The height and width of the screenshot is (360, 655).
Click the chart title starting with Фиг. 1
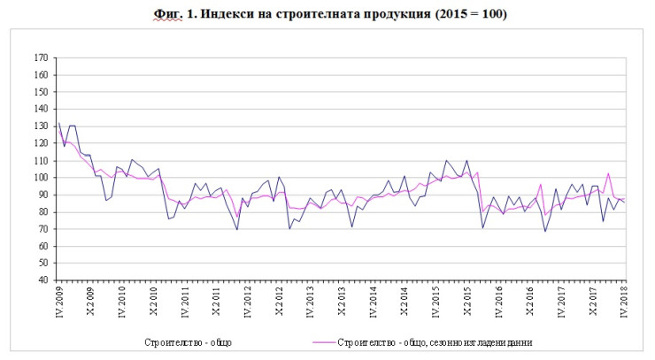pyautogui.click(x=327, y=16)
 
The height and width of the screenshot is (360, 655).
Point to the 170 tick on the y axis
pyautogui.click(x=40, y=58)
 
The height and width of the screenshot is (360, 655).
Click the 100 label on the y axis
pyautogui.click(x=40, y=178)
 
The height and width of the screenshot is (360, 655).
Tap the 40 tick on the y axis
pyautogui.click(x=42, y=280)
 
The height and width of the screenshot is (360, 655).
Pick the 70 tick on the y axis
pyautogui.click(x=42, y=229)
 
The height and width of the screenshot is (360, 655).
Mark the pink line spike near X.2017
pyautogui.click(x=608, y=173)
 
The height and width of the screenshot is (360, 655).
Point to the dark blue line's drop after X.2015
pyautogui.click(x=482, y=227)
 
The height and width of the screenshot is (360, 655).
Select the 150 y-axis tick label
pyautogui.click(x=40, y=92)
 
